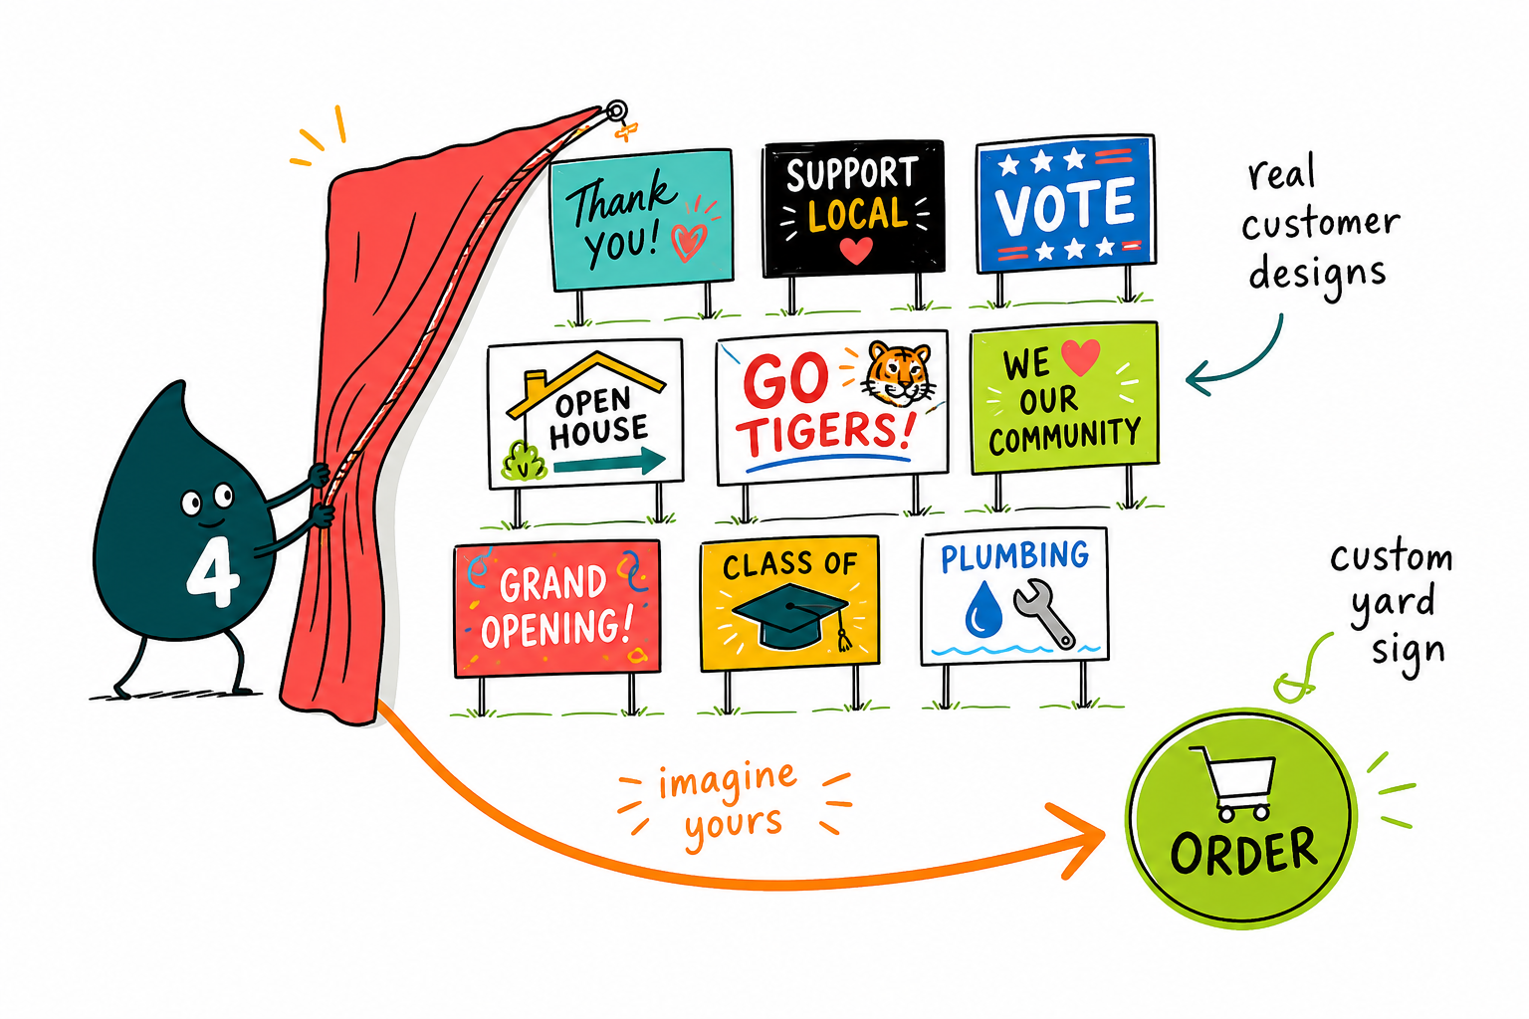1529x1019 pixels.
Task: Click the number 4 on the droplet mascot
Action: coord(212,572)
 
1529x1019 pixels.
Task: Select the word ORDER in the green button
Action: coord(1243,852)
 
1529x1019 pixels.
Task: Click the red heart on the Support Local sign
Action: coord(856,250)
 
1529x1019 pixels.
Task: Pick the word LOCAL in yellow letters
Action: coord(858,214)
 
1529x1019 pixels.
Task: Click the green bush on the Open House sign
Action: coord(524,462)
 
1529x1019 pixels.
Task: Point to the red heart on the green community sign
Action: coord(1081,357)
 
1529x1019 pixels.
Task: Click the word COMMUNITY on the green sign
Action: coord(1065,436)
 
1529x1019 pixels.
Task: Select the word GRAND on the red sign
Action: coord(552,583)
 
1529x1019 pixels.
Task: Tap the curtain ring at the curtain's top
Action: coord(616,110)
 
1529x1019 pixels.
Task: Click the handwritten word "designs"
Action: coord(1317,275)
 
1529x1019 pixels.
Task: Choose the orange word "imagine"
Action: coord(728,780)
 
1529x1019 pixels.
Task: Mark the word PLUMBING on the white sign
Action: coord(1014,557)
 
